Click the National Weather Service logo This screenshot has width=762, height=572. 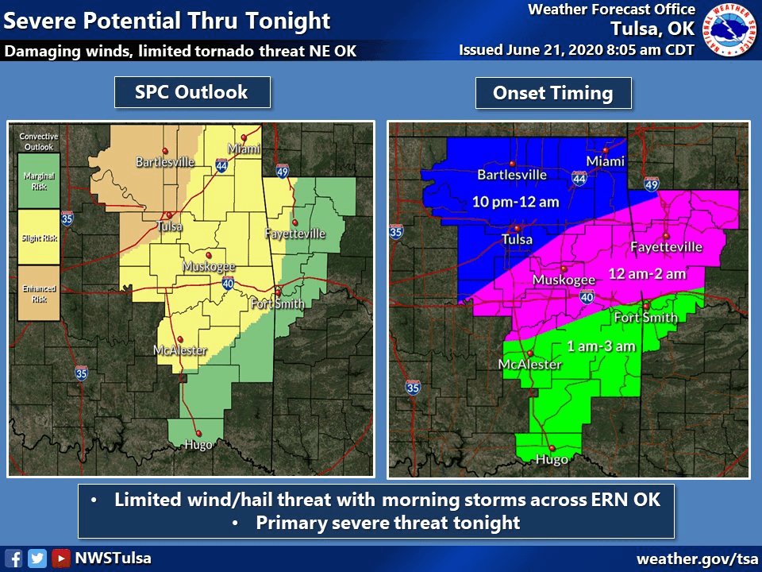(731, 29)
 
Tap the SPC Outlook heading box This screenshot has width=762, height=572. (191, 92)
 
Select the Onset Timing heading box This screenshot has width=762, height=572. (553, 93)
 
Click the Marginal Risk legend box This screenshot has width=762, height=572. (39, 180)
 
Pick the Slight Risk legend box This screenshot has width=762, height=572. (39, 237)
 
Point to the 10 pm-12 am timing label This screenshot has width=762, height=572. (516, 202)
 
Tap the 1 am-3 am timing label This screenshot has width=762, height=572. (589, 346)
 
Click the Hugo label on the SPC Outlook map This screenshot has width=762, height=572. (198, 444)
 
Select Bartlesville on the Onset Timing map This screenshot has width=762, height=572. (512, 175)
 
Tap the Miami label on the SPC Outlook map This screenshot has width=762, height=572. (244, 149)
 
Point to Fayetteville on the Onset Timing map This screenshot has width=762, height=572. (666, 247)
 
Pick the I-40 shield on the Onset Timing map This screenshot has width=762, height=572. (587, 297)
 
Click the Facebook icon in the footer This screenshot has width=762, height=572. (13, 558)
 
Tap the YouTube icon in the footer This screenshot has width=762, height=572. (61, 558)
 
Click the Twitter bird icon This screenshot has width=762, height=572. (37, 558)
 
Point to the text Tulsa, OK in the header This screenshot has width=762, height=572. (652, 29)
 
